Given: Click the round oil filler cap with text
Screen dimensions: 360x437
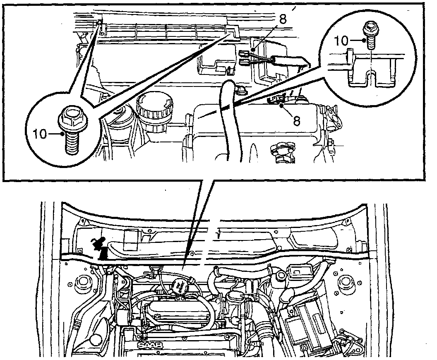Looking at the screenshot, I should pyautogui.click(x=179, y=286).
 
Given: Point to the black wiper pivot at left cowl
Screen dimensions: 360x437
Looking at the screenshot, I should pyautogui.click(x=101, y=249).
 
